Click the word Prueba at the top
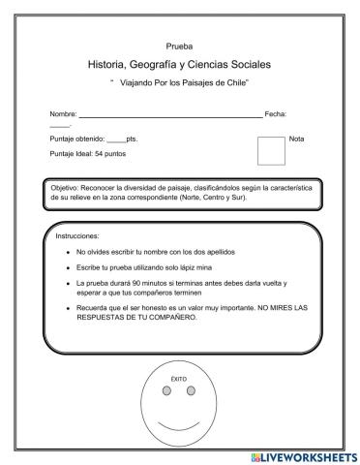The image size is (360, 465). coord(179,46)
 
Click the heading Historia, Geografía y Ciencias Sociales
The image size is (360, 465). coord(179,64)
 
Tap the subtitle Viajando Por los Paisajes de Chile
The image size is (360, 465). coord(181,84)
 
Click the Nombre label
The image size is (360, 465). coord(64,115)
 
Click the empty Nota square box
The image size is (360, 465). coord(271,150)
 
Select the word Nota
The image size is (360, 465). coord(296,139)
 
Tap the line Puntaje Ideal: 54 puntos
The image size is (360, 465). coord(87,153)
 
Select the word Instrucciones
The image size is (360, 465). coord(77,234)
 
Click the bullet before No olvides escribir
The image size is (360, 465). coord(66,251)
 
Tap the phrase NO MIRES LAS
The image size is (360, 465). coord(270,307)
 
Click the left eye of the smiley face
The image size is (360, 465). coord(166,391)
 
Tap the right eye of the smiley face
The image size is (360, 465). coord(191,391)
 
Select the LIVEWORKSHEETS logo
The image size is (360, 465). coord(304,456)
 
